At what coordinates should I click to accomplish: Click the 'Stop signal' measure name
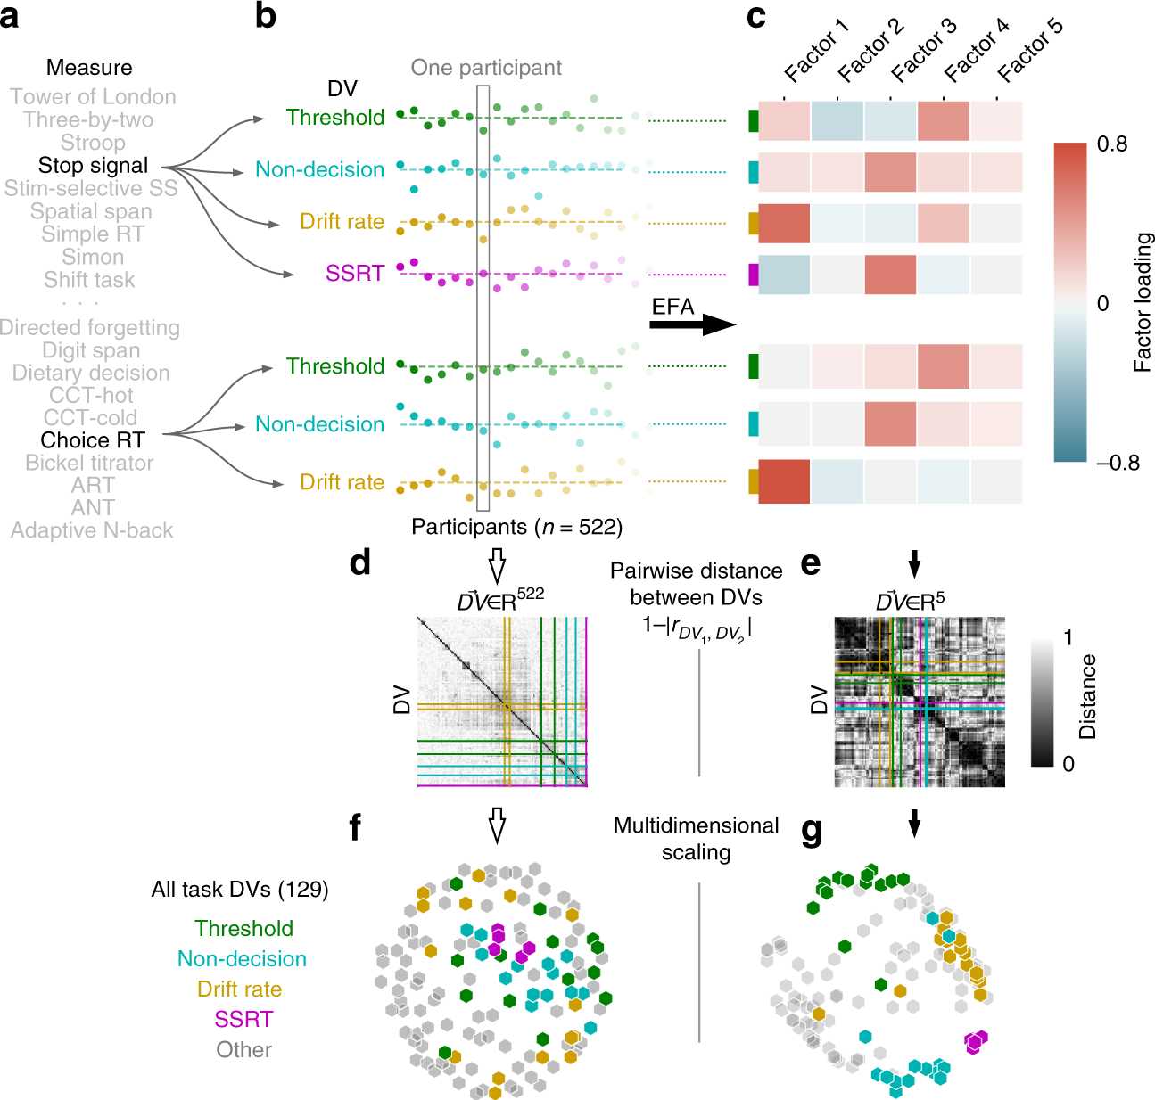click(93, 166)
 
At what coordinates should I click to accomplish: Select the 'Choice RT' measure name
click(93, 440)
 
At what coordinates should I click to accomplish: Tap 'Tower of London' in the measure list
click(93, 97)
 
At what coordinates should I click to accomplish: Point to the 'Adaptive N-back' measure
click(92, 531)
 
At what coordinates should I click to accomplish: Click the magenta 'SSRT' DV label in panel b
click(354, 274)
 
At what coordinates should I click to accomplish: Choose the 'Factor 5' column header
click(1030, 52)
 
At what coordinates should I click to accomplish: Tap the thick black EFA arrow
click(691, 324)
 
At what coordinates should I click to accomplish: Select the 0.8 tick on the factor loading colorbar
click(1111, 144)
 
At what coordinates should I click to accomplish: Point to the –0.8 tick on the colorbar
click(1118, 463)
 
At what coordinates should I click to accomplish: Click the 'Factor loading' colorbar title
click(1143, 302)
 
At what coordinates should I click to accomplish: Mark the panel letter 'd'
click(359, 563)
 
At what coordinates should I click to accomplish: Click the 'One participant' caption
click(486, 68)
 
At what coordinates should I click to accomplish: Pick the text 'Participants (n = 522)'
click(516, 528)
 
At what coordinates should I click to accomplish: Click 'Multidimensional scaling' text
click(696, 839)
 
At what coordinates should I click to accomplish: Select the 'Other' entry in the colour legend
click(243, 1050)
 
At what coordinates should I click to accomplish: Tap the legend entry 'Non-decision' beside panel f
click(242, 959)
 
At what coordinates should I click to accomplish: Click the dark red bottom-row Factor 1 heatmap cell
click(784, 481)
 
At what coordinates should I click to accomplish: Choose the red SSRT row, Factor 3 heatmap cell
click(890, 274)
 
